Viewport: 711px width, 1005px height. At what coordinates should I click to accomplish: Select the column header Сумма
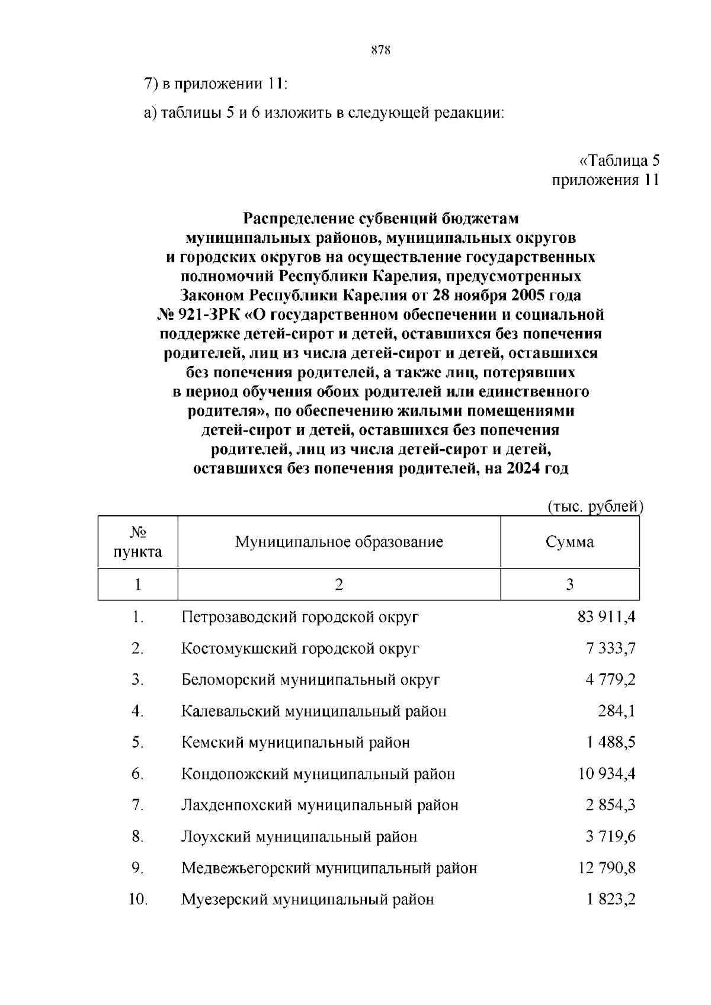(x=569, y=542)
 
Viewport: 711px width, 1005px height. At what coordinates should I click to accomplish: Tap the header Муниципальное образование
(x=339, y=542)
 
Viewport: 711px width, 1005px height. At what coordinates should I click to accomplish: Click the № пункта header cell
(x=138, y=542)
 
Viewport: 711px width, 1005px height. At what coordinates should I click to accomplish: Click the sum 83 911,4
(x=606, y=617)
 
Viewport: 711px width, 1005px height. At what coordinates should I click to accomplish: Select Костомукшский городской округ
(x=300, y=648)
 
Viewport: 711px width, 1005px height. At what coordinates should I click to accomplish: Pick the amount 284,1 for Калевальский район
(x=616, y=711)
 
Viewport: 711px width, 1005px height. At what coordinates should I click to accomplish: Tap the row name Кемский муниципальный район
(x=296, y=743)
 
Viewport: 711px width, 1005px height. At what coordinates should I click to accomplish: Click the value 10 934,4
(x=607, y=774)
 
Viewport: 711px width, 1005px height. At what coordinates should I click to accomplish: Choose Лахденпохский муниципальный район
(x=320, y=805)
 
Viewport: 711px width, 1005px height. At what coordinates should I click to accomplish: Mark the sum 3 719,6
(x=611, y=837)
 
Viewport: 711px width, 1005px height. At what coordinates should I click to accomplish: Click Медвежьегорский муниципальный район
(x=329, y=868)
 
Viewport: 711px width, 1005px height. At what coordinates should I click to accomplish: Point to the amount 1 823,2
(x=611, y=900)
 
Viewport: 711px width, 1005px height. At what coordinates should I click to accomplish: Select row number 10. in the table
(x=137, y=900)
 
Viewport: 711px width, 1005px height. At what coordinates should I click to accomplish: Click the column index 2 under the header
(x=339, y=585)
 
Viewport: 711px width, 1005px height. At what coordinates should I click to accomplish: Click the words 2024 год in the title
(x=538, y=468)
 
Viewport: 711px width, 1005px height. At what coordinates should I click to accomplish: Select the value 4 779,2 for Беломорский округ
(x=611, y=680)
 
